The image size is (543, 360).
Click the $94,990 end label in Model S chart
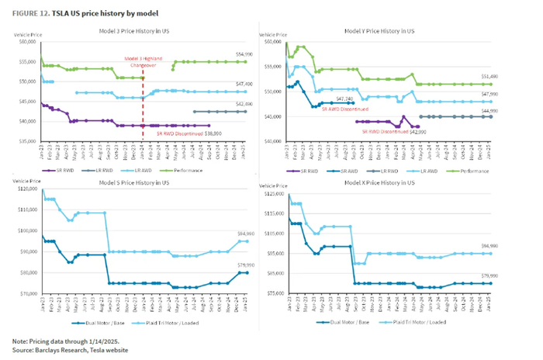(244, 234)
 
